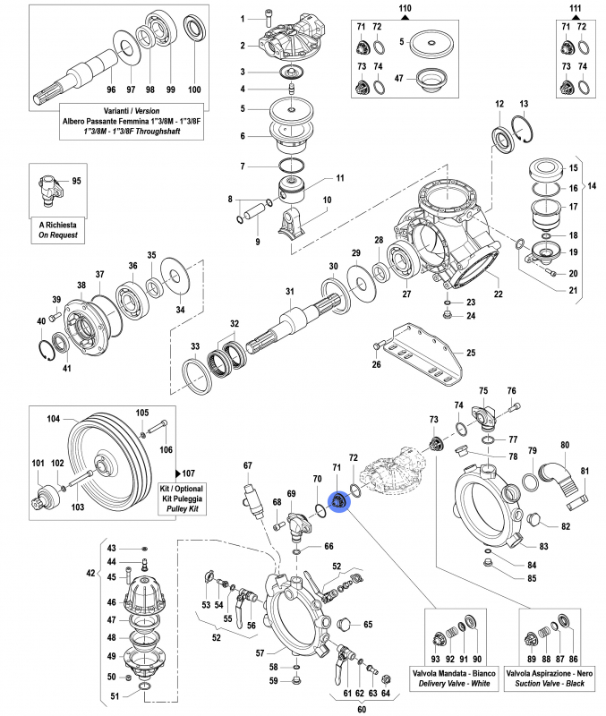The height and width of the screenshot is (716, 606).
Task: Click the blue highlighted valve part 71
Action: pyautogui.click(x=339, y=504)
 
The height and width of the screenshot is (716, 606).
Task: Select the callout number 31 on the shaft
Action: pyautogui.click(x=289, y=292)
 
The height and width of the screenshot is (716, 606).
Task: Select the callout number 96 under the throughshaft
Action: pyautogui.click(x=111, y=89)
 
